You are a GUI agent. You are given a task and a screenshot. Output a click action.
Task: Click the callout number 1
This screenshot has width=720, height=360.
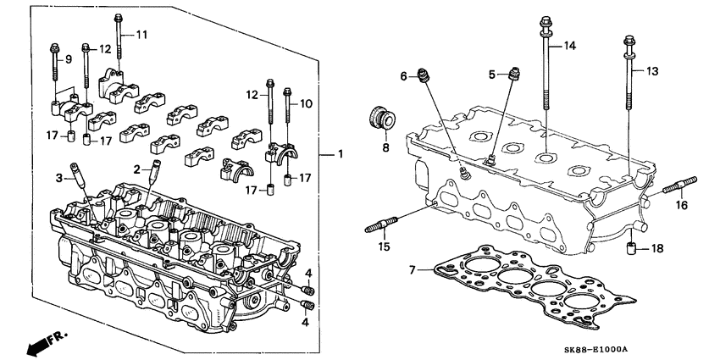[x=341, y=154]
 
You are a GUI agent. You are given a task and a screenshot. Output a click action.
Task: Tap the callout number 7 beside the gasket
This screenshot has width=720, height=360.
[x=413, y=270]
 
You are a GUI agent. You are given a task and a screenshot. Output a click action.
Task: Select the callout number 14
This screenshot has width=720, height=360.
[x=568, y=44]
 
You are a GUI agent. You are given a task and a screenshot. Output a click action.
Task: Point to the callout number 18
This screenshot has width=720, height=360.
[x=656, y=249]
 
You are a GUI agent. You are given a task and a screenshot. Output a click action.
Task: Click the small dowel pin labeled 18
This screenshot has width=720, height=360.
[x=630, y=249]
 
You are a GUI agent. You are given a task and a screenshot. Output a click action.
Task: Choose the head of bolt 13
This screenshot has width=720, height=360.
[x=629, y=40]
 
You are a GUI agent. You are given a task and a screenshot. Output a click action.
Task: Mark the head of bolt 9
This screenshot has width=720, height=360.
[x=55, y=44]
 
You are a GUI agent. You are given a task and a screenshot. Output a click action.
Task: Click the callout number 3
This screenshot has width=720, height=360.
[x=60, y=177]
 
